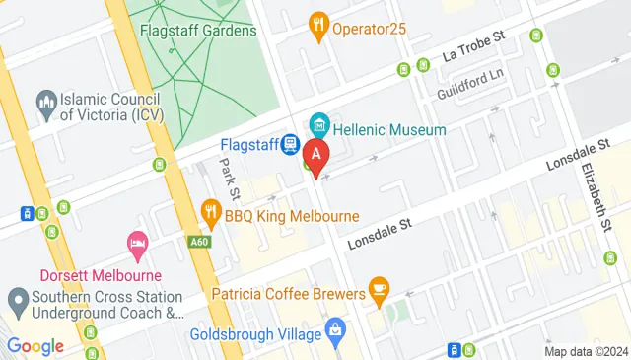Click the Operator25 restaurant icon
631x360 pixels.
(x=318, y=26)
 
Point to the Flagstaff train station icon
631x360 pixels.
(x=289, y=145)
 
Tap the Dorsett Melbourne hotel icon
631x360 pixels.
(x=137, y=243)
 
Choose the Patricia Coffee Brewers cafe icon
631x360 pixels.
(x=379, y=289)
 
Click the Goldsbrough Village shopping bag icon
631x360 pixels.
(x=334, y=326)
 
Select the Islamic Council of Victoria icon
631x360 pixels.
(x=45, y=100)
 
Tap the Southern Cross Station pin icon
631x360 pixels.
(x=17, y=298)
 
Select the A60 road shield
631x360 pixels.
(x=199, y=240)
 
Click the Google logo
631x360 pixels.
(x=35, y=345)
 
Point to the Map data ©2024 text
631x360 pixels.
(x=586, y=351)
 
